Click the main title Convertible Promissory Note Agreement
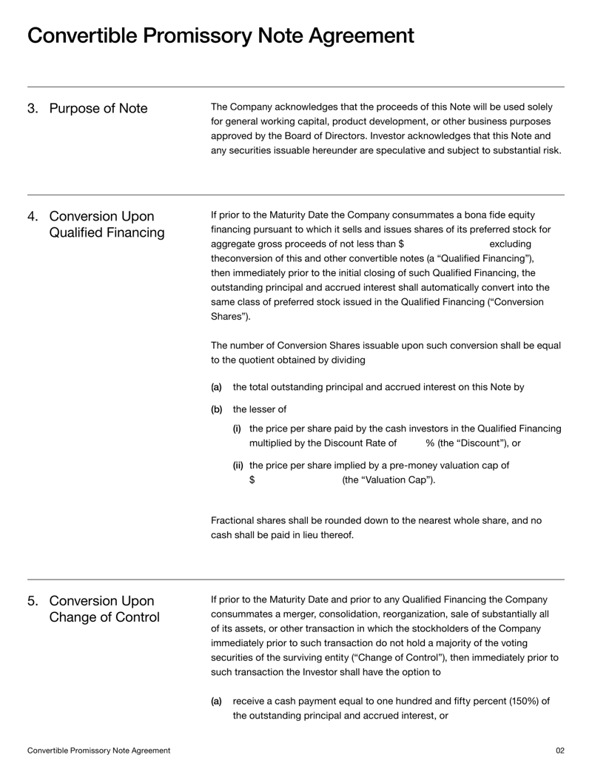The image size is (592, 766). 221,36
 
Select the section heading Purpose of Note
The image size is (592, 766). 98,109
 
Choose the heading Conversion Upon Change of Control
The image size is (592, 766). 104,609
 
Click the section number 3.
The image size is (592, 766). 33,109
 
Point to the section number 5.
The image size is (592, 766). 33,601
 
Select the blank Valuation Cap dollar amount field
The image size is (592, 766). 297,480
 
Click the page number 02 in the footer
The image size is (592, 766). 559,750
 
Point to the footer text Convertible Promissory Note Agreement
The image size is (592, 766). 98,750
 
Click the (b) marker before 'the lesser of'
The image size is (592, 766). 217,409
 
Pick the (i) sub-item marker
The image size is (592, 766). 238,429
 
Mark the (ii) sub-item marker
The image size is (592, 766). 239,466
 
